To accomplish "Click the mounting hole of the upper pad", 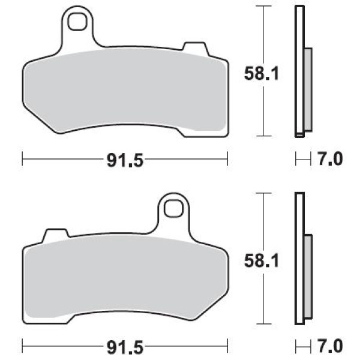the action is click(77, 22).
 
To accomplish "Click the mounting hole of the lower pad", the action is click(173, 208).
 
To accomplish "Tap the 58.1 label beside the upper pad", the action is click(261, 73).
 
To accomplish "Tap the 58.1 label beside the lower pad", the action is click(261, 260).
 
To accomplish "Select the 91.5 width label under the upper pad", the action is click(125, 160).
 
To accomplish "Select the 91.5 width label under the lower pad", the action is click(125, 347).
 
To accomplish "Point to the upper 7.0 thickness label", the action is click(330, 159).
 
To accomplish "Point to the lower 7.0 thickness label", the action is click(330, 346).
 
